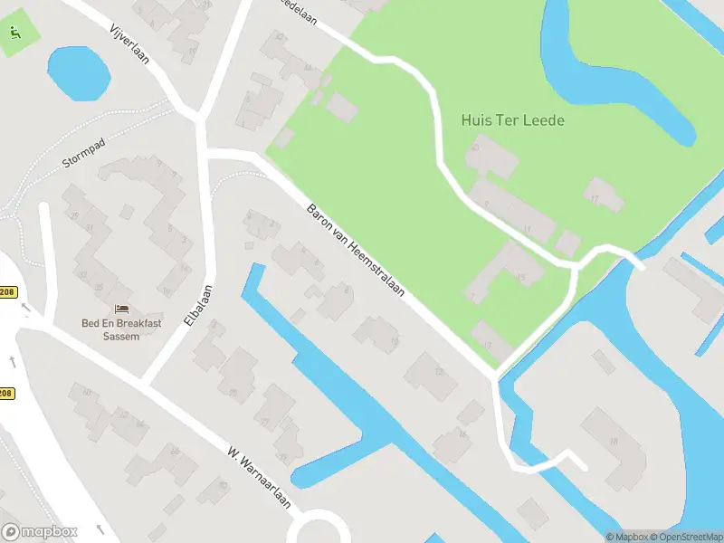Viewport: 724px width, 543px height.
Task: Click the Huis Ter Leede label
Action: (x=512, y=119)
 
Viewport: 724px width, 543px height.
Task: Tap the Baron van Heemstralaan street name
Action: (x=354, y=252)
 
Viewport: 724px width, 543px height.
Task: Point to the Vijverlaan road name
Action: (x=128, y=44)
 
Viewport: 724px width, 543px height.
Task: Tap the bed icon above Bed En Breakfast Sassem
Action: (x=121, y=310)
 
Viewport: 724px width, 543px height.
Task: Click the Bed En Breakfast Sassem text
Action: (x=110, y=329)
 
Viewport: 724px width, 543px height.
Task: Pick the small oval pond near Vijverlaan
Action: (x=78, y=73)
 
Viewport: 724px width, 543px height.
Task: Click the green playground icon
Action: (x=14, y=33)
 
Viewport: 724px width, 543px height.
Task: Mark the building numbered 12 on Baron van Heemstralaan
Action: (x=431, y=373)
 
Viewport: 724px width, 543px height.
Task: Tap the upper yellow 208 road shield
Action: (x=7, y=292)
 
